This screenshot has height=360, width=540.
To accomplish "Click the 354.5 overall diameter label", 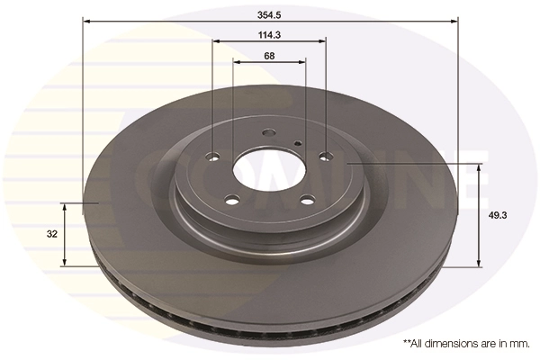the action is pos(269,14).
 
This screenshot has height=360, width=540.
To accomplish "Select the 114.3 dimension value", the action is pos(269,35).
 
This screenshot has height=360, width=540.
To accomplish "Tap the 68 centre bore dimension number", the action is pos(269,56).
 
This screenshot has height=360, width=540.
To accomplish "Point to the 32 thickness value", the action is pos(52,234).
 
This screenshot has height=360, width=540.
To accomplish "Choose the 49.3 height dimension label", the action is pos(498,216).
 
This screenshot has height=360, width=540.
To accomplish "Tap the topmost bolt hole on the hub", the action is pos(268,132).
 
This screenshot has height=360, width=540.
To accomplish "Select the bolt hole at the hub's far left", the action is pos(213,157).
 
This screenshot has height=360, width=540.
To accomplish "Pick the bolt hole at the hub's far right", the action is pos(326,157).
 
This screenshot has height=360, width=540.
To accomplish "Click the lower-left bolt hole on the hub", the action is pos(232,200).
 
